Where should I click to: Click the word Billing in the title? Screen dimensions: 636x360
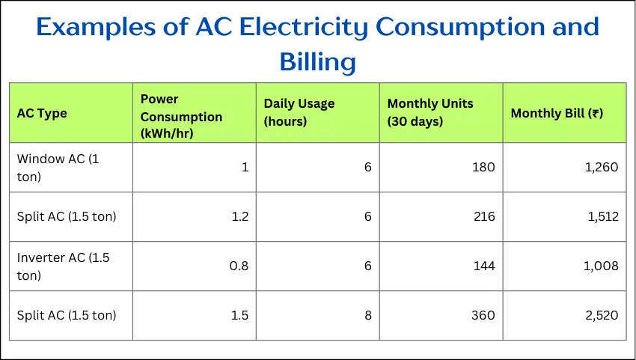pos(317,62)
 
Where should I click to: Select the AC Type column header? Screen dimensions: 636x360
pos(42,113)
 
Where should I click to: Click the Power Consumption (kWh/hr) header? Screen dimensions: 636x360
pos(181,117)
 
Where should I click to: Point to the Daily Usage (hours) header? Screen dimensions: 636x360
pos(299,112)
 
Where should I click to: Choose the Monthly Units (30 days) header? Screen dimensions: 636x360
pos(430,112)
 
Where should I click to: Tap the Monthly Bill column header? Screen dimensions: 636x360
pos(557,113)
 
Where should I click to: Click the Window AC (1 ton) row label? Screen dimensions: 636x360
pos(58,168)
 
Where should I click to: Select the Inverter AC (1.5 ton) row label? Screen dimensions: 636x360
pos(64,266)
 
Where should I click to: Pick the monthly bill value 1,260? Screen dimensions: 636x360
pos(602,167)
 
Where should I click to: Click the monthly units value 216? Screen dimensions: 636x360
pos(484,216)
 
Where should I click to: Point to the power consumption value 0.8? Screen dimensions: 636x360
pos(239,266)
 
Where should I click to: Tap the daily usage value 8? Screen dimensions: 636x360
pos(368,315)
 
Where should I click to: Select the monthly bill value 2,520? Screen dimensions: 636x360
pos(602,315)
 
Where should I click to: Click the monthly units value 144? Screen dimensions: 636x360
pos(484,266)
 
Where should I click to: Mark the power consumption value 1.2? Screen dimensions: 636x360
pos(240,216)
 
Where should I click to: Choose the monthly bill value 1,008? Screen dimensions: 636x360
pos(601,266)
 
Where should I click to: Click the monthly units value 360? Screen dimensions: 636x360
pos(483,315)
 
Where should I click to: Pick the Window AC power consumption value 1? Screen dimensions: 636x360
pos(245,167)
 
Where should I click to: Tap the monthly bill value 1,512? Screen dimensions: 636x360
pos(603,216)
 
